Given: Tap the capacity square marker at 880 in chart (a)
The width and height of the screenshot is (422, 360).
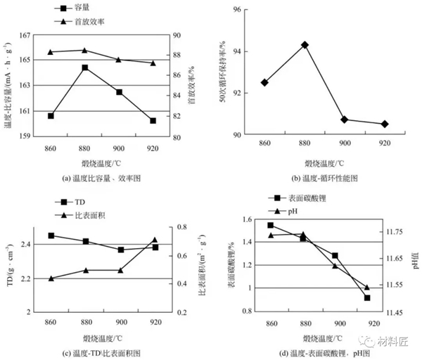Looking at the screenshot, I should point(84,67).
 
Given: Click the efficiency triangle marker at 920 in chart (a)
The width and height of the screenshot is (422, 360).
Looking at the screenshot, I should point(153,63).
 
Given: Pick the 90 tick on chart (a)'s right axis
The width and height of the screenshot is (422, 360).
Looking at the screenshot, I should point(177,35).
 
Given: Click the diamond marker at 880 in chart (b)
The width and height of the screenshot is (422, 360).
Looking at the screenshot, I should point(305,44).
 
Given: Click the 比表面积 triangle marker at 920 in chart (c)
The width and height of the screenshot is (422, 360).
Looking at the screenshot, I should point(155,240).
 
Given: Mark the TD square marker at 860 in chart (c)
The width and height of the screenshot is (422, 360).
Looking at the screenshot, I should point(51,236).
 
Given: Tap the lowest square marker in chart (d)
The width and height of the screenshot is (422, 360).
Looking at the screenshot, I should point(366,298).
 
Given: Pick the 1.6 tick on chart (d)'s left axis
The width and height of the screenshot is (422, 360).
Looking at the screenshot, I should point(243,220).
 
